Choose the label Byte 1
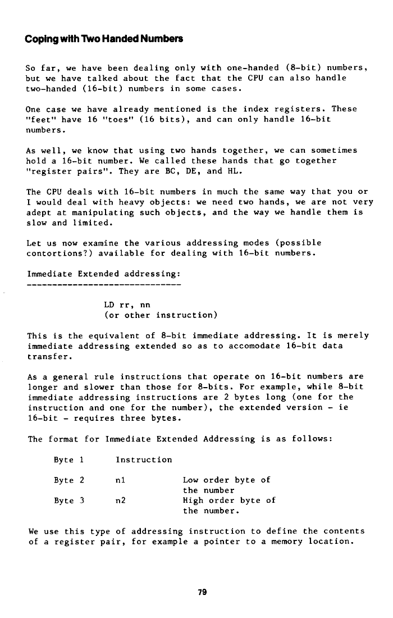click(68, 460)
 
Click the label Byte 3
click(68, 501)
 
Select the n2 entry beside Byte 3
click(120, 501)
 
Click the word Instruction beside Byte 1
click(144, 460)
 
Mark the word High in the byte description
click(193, 501)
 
